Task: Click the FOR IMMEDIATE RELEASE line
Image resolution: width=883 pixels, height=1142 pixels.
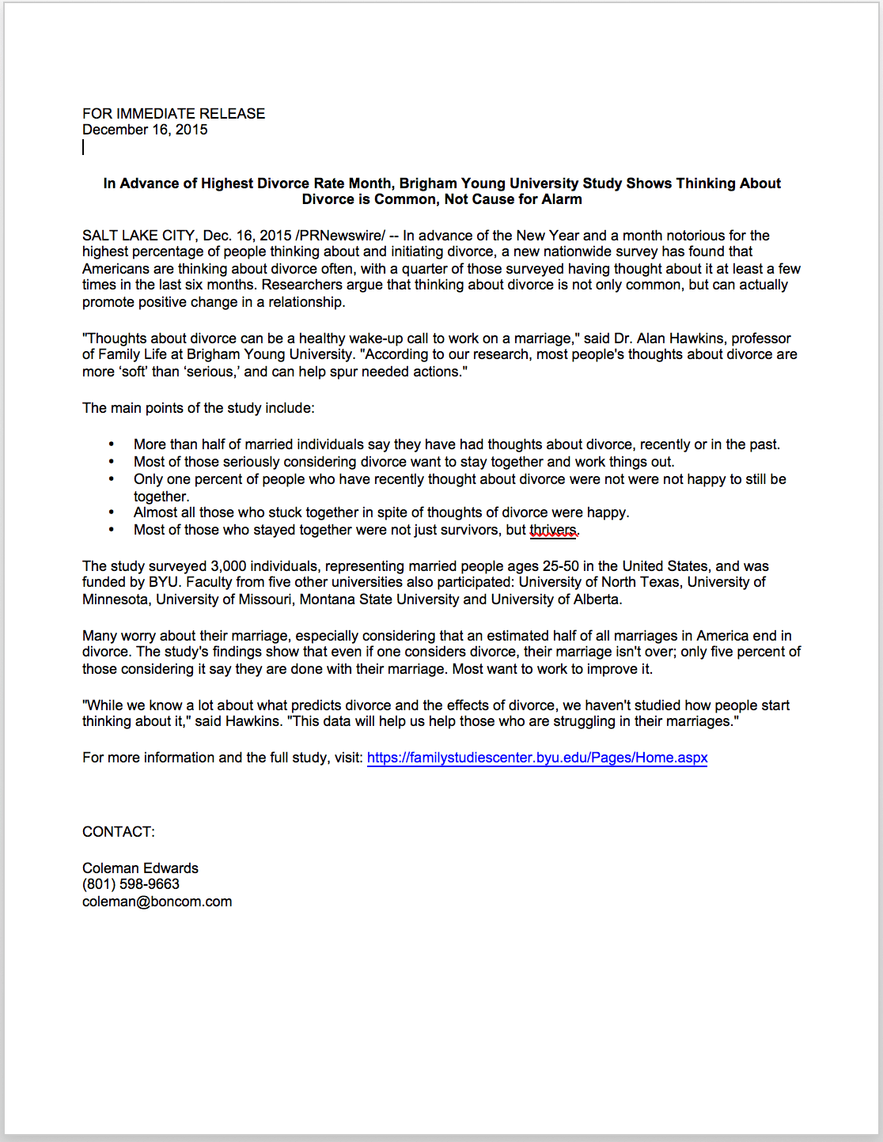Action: (x=173, y=114)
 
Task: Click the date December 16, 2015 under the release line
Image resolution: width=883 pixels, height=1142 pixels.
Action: (x=145, y=130)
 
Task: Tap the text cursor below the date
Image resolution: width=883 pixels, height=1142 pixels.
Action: (x=83, y=147)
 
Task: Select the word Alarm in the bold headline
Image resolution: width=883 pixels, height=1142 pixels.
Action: (x=562, y=199)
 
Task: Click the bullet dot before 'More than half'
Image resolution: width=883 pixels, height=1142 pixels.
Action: (x=112, y=444)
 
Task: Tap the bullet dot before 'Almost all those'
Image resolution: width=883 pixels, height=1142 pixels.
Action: (x=112, y=512)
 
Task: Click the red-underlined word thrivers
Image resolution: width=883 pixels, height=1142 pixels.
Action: (x=553, y=530)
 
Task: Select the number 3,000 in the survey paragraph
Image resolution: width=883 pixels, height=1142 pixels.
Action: (x=231, y=566)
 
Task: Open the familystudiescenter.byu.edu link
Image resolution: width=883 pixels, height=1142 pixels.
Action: (x=537, y=758)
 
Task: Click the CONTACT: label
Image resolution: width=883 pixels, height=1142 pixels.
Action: (x=119, y=832)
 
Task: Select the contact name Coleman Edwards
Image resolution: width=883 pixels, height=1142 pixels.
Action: (x=140, y=868)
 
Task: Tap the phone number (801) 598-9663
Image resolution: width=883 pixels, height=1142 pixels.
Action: (x=131, y=884)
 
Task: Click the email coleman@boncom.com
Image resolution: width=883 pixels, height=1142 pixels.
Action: (x=157, y=902)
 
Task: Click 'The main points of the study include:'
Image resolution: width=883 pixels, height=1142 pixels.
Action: (x=198, y=408)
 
